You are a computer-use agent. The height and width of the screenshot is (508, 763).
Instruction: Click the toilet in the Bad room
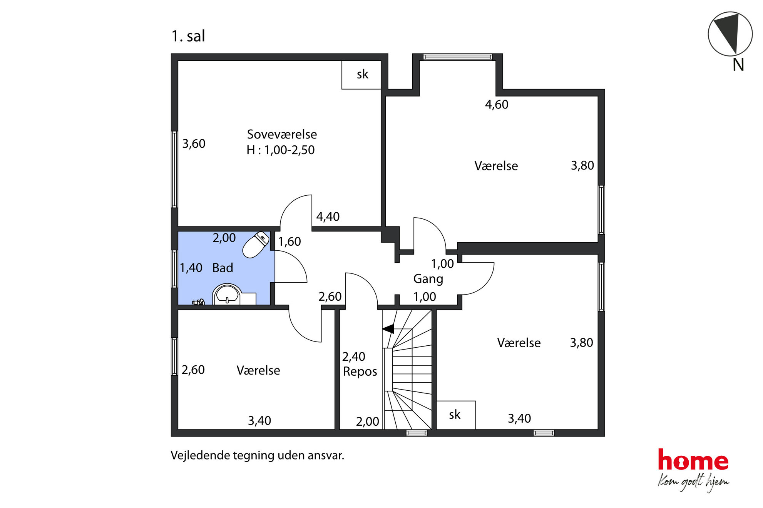click(256, 245)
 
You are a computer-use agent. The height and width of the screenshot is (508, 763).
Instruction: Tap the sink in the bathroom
click(227, 294)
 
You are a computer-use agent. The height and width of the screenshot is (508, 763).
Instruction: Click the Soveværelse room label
click(282, 134)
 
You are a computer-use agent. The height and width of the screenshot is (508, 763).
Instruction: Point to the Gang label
click(428, 279)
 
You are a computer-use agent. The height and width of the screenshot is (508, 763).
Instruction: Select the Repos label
click(360, 371)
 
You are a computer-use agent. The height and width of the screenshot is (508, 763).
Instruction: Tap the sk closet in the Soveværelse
click(361, 75)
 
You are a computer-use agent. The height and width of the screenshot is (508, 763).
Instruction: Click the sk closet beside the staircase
click(456, 415)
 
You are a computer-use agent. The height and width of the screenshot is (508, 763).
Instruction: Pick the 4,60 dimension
click(497, 105)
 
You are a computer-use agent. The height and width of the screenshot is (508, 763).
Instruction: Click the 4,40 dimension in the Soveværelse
click(328, 217)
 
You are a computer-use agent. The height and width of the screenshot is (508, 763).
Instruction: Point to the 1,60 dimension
click(289, 242)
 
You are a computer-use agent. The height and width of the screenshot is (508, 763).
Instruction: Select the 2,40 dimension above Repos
click(354, 357)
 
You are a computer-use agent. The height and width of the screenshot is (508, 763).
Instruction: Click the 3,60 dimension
click(194, 144)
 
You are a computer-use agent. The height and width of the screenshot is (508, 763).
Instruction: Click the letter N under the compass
click(738, 65)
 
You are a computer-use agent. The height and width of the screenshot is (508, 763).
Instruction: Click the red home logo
click(693, 460)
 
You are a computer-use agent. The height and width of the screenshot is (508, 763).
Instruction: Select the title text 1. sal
click(188, 36)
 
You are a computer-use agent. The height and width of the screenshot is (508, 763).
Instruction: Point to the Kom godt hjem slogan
click(693, 483)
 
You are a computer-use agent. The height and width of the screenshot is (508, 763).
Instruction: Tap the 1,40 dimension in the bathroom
click(191, 268)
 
